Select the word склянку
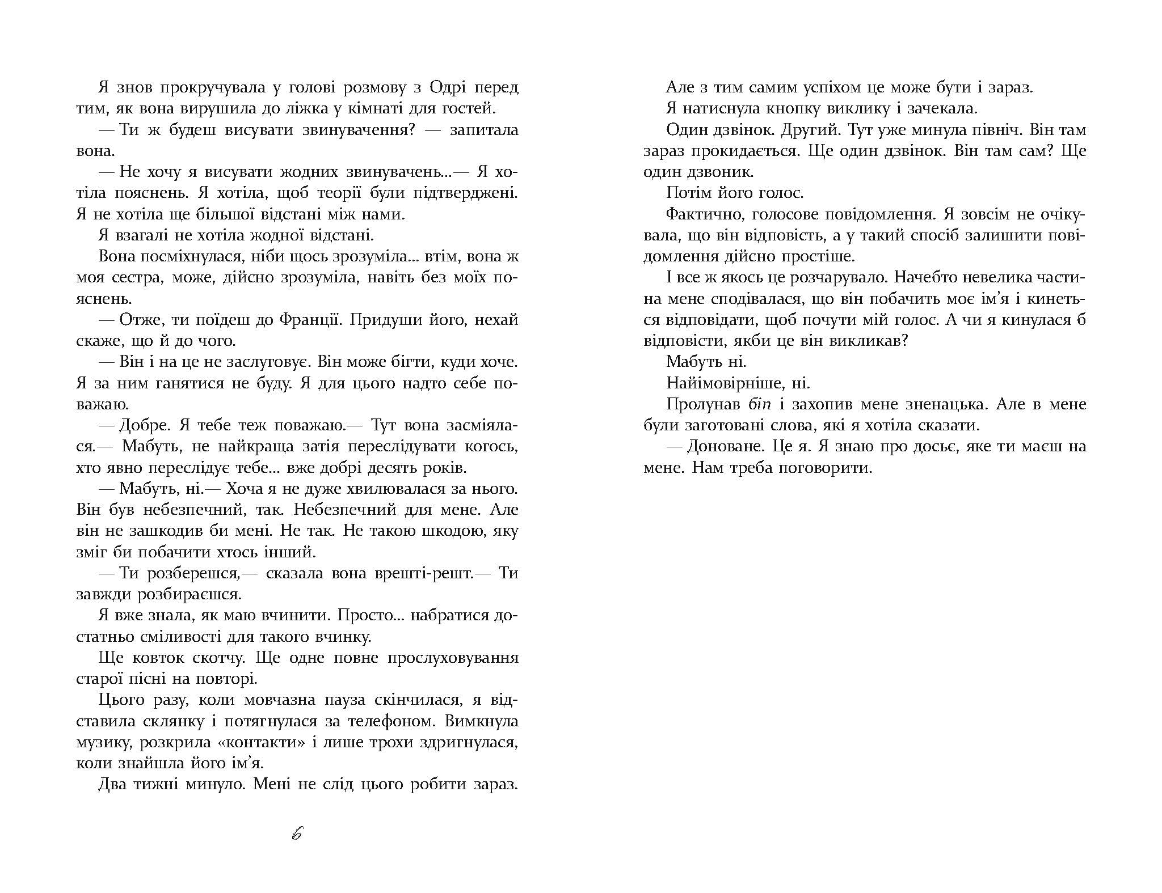[188, 722]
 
